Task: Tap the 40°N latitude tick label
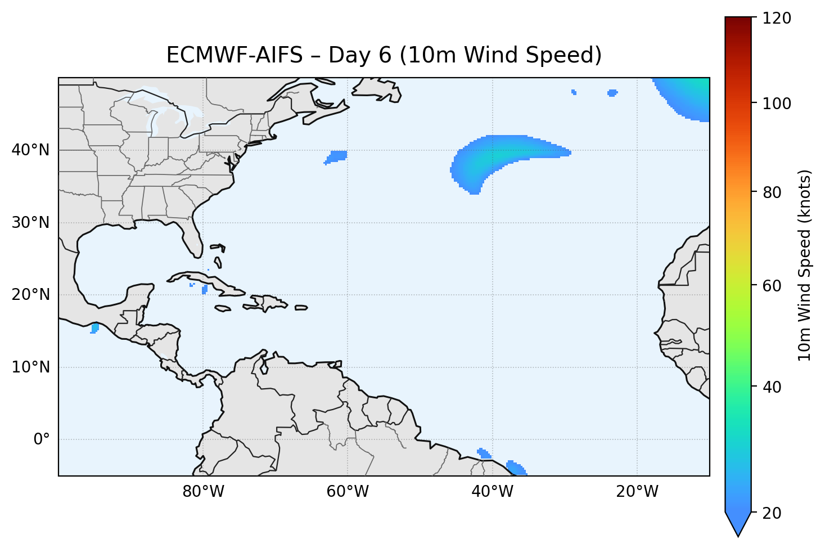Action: (x=30, y=150)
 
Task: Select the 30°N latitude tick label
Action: (x=30, y=223)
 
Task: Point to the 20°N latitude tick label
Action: (x=30, y=295)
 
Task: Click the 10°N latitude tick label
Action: (x=30, y=367)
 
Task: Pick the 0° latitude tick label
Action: (x=42, y=439)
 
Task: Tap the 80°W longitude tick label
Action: (x=203, y=492)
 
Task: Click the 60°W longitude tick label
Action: (x=348, y=492)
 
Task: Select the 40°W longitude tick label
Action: (x=492, y=492)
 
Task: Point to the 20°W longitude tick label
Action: (x=637, y=492)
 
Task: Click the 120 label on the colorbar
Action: (x=776, y=19)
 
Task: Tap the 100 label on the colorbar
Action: (x=776, y=104)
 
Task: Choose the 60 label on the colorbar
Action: (x=773, y=286)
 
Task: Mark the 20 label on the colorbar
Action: (x=773, y=513)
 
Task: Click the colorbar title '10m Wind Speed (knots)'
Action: (x=805, y=265)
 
